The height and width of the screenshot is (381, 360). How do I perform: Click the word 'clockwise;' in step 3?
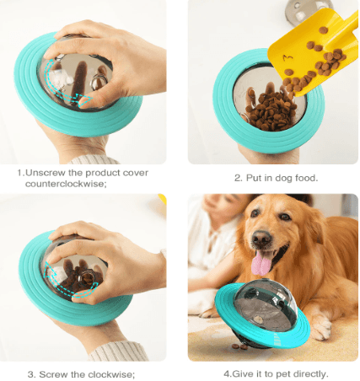click(109, 373)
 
